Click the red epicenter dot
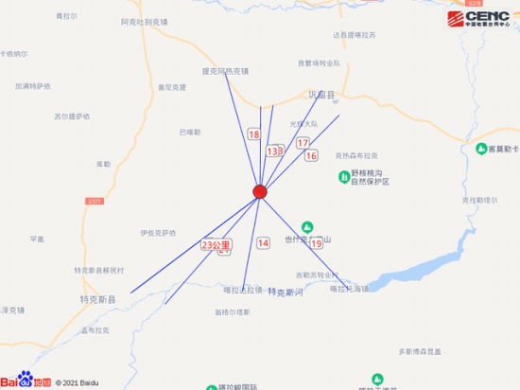click(260, 192)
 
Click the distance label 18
click(253, 135)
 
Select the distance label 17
click(303, 143)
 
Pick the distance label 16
click(311, 155)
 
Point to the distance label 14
click(263, 243)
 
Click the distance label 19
click(316, 243)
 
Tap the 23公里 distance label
click(216, 244)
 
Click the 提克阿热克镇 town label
click(225, 71)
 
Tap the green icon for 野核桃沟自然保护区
click(344, 177)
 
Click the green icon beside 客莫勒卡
click(479, 150)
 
